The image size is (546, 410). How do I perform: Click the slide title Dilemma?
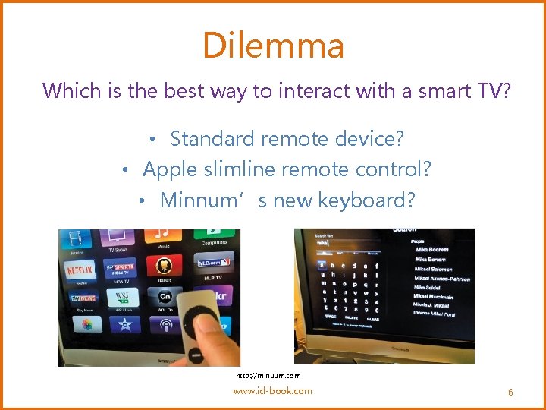[x=273, y=46]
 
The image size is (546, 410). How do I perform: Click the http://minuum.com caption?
[x=268, y=376]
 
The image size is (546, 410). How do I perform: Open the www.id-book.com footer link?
[x=272, y=391]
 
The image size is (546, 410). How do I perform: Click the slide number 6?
[x=510, y=393]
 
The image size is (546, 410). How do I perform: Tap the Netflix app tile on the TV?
[x=80, y=270]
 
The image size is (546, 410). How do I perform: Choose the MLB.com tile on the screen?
[x=213, y=262]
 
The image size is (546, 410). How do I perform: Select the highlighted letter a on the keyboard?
[x=323, y=265]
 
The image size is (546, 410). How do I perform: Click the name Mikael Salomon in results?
[x=433, y=269]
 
